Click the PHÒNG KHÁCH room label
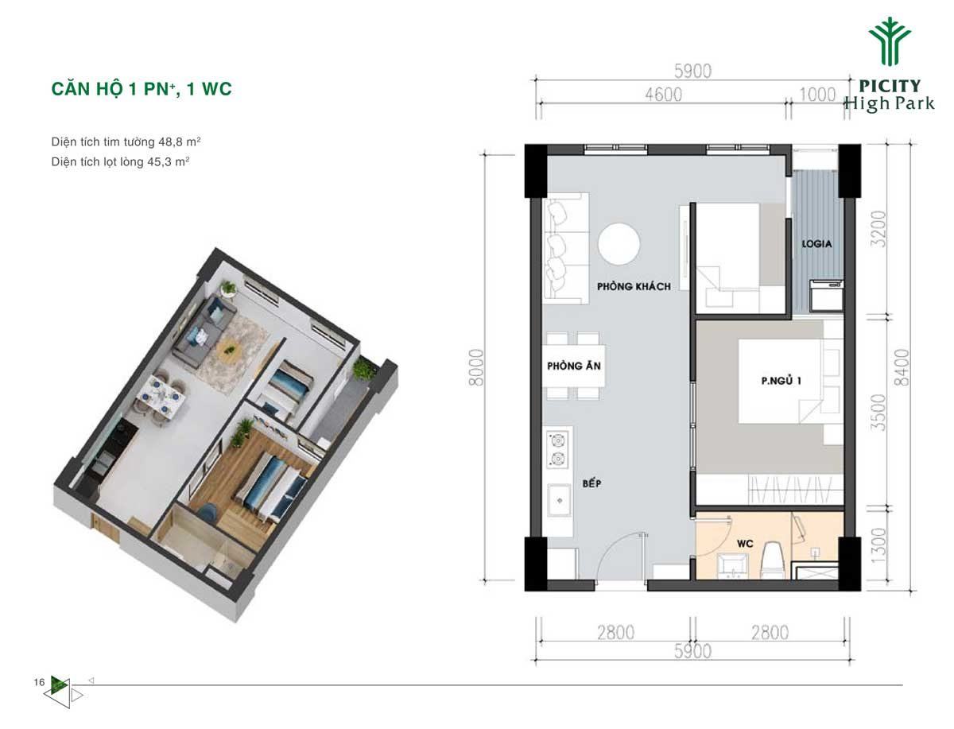[634, 286]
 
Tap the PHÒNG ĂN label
[574, 366]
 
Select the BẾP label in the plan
[592, 483]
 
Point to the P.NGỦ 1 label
[781, 381]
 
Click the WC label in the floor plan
[745, 544]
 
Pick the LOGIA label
[816, 244]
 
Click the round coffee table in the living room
[619, 244]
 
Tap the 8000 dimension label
[476, 367]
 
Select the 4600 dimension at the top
[663, 95]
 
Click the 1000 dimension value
[817, 95]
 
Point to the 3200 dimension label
[878, 229]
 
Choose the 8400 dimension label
[902, 367]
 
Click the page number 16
[39, 681]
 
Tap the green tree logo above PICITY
[890, 41]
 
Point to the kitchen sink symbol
[560, 500]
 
